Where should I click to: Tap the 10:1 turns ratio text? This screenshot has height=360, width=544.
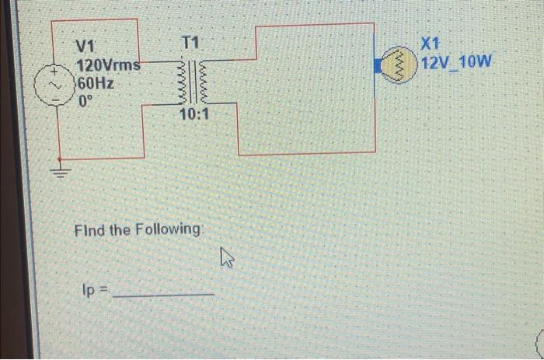pyautogui.click(x=193, y=114)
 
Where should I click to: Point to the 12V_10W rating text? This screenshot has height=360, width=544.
pyautogui.click(x=456, y=62)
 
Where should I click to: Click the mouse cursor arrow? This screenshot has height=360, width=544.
pyautogui.click(x=227, y=256)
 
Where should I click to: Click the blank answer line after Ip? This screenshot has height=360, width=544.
pyautogui.click(x=163, y=294)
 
